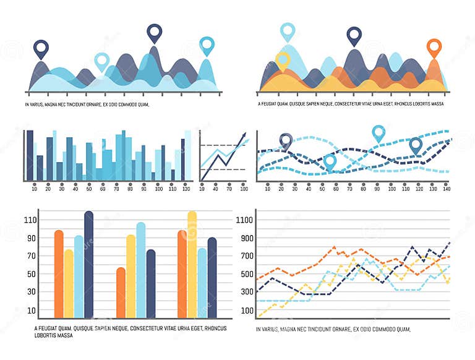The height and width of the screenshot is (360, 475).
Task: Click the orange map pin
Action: (435, 46)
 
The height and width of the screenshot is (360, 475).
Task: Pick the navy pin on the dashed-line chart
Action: (285, 141)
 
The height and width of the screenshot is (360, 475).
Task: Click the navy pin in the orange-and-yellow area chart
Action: (354, 35)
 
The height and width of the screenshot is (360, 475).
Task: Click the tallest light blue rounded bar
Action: (141, 270)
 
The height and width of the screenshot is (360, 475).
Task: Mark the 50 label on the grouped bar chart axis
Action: (31, 274)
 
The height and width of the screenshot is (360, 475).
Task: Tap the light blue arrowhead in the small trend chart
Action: (247, 142)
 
